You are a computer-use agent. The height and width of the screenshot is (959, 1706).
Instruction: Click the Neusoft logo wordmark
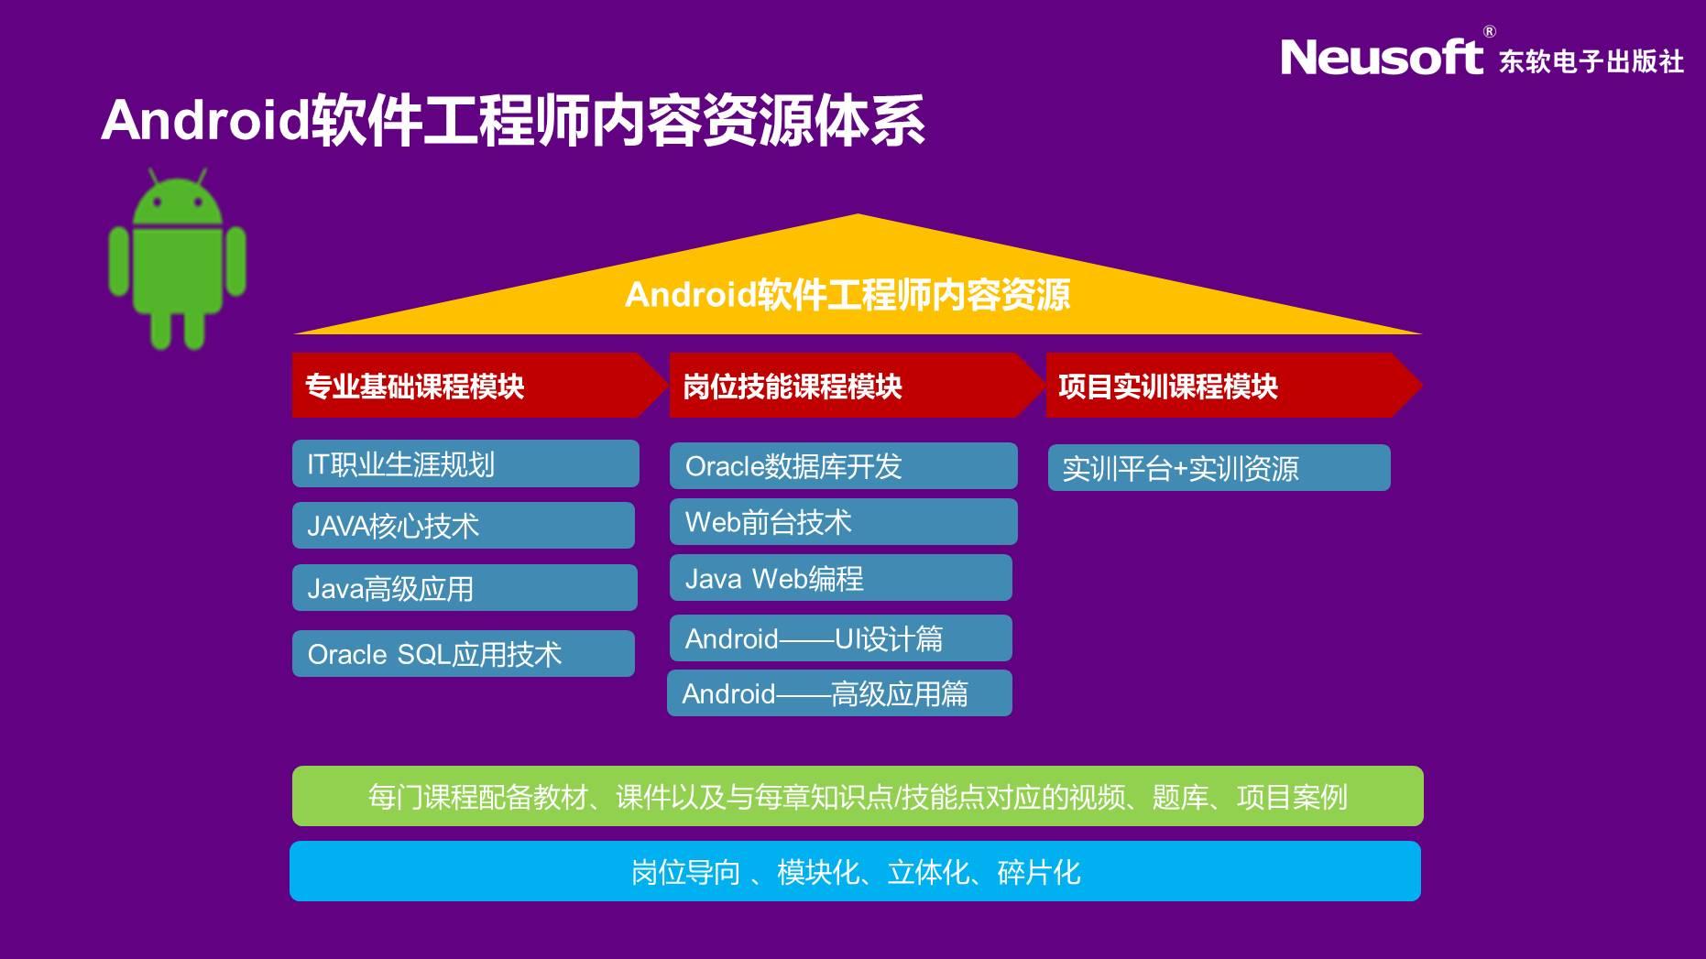[x=1381, y=57]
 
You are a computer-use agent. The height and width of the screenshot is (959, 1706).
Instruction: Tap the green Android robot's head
[x=178, y=197]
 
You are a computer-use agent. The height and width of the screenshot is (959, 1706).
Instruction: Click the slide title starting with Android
[x=513, y=120]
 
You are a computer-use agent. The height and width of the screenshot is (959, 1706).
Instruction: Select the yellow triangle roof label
[x=848, y=295]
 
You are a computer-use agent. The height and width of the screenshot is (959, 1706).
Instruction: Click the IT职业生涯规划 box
[x=465, y=463]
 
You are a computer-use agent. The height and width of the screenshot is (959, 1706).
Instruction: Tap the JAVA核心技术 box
[x=464, y=525]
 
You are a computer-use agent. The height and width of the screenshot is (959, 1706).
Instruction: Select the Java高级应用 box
[x=465, y=587]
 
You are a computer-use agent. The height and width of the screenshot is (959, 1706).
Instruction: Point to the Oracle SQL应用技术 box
[x=464, y=653]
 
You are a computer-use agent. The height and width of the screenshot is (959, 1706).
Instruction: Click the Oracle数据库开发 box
[x=844, y=465]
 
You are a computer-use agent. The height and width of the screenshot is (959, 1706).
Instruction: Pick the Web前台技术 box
[x=844, y=521]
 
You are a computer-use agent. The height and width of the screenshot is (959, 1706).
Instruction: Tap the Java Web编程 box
[x=841, y=577]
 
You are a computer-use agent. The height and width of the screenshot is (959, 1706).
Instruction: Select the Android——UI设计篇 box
[x=841, y=638]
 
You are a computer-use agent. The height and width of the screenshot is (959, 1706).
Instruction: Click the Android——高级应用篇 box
[x=839, y=692]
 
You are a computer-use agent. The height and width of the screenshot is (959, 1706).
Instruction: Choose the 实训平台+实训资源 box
[x=1219, y=467]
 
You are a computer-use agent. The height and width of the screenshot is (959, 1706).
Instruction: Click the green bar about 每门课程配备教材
[x=858, y=796]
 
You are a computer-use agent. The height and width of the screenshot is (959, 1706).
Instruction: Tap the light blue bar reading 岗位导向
[x=856, y=871]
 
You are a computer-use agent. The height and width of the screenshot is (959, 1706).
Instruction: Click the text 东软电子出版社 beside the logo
[x=1591, y=61]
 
